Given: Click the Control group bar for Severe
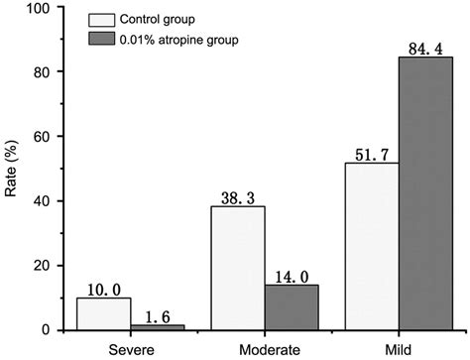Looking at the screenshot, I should (104, 313).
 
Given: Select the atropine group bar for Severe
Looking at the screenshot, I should (158, 326).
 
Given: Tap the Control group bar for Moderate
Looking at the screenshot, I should (237, 268).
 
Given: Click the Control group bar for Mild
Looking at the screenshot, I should (371, 246).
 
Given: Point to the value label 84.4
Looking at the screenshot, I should (425, 48).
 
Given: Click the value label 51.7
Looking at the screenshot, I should (371, 153).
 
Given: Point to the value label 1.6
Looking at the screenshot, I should (158, 315).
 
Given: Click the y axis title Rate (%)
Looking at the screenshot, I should (12, 170).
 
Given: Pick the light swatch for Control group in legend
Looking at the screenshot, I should (102, 20).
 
